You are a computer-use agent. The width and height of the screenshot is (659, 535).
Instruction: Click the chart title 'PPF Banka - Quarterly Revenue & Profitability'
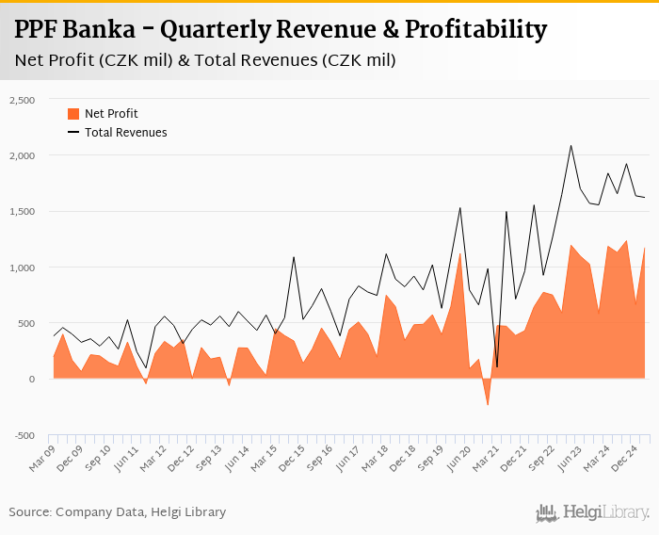pyautogui.click(x=281, y=30)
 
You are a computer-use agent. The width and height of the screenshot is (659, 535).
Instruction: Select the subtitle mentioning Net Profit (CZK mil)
pyautogui.click(x=205, y=61)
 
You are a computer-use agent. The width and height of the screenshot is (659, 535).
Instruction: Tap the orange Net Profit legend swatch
pyautogui.click(x=73, y=114)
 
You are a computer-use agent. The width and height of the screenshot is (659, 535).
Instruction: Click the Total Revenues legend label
pyautogui.click(x=125, y=133)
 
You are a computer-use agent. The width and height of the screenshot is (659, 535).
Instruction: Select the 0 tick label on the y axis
pyautogui.click(x=31, y=380)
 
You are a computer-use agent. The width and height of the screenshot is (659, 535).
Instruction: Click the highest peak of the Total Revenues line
pyautogui.click(x=571, y=145)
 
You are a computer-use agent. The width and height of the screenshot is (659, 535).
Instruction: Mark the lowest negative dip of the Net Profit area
pyautogui.click(x=488, y=406)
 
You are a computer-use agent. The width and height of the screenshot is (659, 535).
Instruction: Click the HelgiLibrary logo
pyautogui.click(x=593, y=512)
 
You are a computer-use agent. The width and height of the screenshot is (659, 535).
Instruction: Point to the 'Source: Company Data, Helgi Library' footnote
pyautogui.click(x=118, y=512)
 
